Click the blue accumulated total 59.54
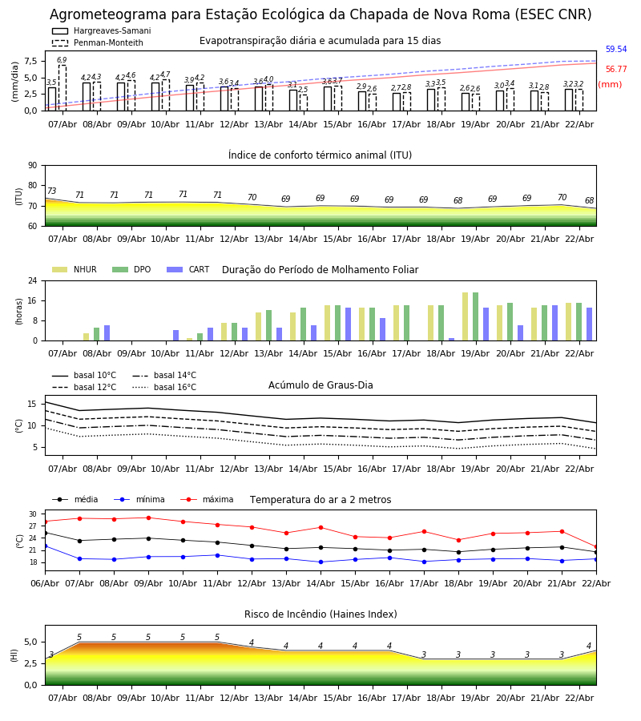615,50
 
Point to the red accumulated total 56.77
615,70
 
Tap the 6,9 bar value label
62,60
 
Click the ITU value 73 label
51,191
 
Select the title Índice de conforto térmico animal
320,155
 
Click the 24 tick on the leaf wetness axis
34,281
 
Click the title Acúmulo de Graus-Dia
320,385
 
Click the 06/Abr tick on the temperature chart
45,582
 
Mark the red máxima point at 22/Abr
595,546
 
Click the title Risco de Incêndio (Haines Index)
320,614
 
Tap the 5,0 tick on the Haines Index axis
30,642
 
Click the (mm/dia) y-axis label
15,81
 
